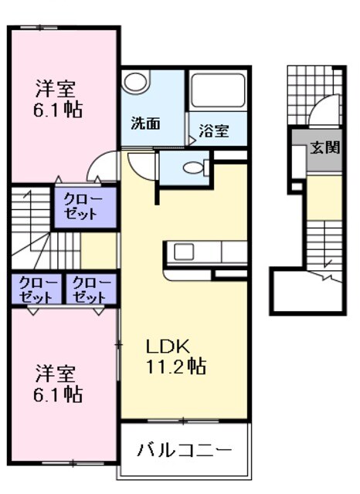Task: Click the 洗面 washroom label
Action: point(144,123)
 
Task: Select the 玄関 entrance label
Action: point(325,147)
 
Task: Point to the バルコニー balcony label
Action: point(185,450)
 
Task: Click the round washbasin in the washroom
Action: point(138,83)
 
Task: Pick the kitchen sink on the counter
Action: point(185,252)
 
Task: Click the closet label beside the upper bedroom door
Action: point(83,207)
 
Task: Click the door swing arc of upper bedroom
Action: point(100,165)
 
